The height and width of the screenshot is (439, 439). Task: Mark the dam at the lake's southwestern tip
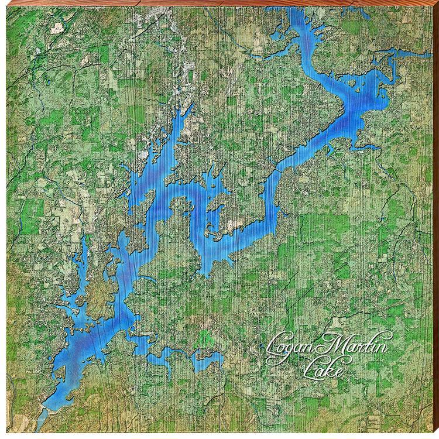click(47, 404)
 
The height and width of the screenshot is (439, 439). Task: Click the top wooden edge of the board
click(220, 3)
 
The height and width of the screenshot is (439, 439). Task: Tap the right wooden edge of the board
click(435, 220)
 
